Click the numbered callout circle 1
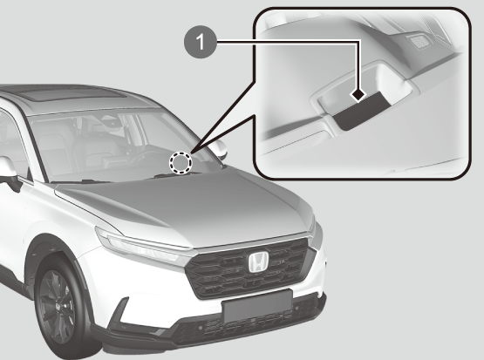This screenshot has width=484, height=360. click(x=201, y=42)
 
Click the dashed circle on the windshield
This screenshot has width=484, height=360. click(x=181, y=163)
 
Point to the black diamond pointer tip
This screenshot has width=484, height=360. click(x=358, y=95)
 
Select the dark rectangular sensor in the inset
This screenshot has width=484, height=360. click(x=360, y=111)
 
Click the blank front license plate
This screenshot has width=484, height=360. click(x=256, y=306)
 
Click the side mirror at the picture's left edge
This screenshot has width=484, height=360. click(x=9, y=172)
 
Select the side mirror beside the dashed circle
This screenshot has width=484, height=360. click(x=220, y=150)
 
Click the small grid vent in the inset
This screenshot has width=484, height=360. click(x=419, y=41)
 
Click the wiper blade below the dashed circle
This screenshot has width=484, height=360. click(x=173, y=175)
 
